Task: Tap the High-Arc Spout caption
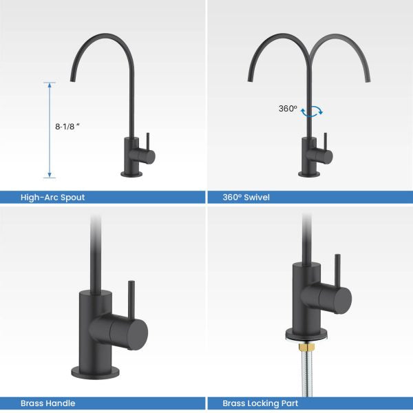(52, 198)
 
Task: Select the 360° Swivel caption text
(246, 198)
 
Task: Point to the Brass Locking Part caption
(260, 403)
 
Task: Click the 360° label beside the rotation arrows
(287, 109)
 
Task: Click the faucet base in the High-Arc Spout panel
(131, 173)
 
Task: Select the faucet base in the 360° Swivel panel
(310, 173)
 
